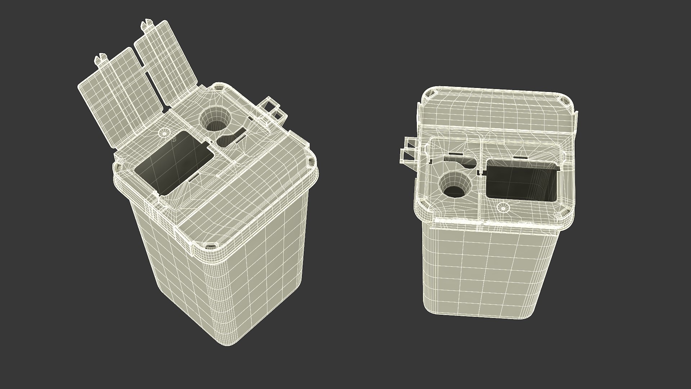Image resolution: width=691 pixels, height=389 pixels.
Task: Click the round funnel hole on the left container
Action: tap(215, 120)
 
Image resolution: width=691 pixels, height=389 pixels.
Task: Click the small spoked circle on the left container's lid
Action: tap(163, 132)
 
